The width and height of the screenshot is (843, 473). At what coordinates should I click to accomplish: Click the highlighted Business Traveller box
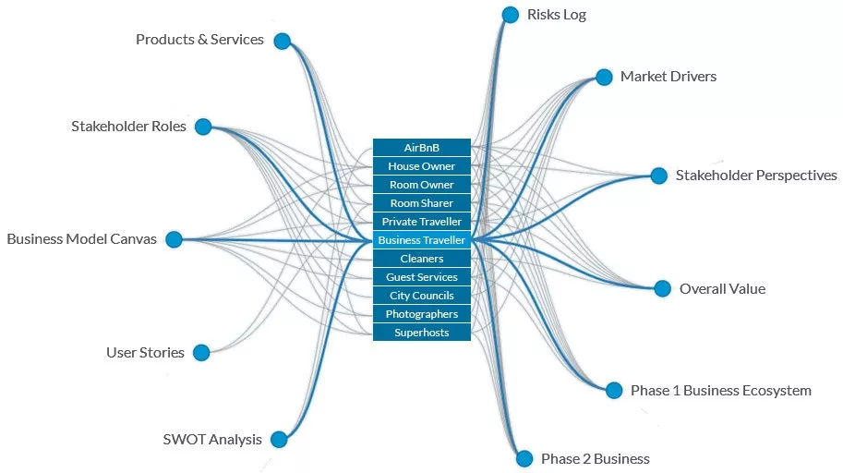[x=421, y=240]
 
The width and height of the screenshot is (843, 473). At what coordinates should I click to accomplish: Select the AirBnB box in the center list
[x=421, y=148]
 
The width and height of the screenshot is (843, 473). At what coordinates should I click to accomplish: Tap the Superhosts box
[x=421, y=333]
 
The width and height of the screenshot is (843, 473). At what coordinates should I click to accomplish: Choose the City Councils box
[x=421, y=296]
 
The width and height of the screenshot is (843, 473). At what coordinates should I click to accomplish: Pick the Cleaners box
[x=421, y=259]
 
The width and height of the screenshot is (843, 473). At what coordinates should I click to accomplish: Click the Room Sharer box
[x=421, y=203]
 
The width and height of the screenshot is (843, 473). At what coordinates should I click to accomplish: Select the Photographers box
[x=421, y=314]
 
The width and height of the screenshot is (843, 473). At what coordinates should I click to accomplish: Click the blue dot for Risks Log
[x=511, y=15]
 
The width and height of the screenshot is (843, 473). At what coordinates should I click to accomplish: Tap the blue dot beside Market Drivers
[x=604, y=77]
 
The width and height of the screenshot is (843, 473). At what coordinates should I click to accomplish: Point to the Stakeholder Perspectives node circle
[x=658, y=176]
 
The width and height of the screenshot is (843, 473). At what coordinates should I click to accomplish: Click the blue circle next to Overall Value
[x=662, y=288]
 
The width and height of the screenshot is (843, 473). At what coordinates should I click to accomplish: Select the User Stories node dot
[x=201, y=353]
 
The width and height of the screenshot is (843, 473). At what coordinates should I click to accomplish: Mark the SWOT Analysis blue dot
[x=279, y=439]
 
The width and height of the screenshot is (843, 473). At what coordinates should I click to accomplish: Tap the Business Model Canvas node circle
[x=174, y=239]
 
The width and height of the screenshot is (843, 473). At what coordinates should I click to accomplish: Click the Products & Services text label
[x=199, y=40]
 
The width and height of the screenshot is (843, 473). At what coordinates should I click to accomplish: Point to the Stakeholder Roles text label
[x=128, y=126]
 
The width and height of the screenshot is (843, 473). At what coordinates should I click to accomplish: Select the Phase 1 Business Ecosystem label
[x=721, y=391]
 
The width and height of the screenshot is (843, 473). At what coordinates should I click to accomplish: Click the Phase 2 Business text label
[x=596, y=458]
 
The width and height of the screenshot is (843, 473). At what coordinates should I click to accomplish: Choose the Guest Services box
[x=421, y=277]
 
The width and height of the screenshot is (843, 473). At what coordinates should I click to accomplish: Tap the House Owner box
[x=421, y=166]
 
